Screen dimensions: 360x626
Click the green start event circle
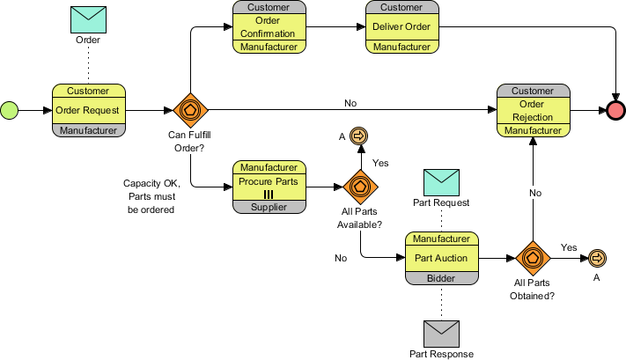click(9, 110)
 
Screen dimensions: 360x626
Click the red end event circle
click(615, 110)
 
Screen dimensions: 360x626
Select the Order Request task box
click(89, 111)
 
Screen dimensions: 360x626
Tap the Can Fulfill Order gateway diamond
click(190, 110)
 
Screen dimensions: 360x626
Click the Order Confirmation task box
click(269, 27)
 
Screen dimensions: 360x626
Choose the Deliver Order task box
click(401, 27)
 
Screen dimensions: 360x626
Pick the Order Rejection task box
click(533, 111)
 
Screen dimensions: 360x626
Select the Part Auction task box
click(441, 258)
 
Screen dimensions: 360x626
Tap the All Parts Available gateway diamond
click(359, 187)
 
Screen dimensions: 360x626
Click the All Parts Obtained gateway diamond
click(533, 257)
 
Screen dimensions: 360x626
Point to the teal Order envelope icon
click(88, 18)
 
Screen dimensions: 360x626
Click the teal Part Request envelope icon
click(441, 182)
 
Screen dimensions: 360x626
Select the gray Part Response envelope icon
click(441, 332)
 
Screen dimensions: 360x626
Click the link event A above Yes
click(359, 136)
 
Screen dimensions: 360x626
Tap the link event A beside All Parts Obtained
click(596, 257)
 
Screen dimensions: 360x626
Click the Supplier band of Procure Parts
click(269, 206)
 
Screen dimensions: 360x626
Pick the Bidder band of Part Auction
click(441, 277)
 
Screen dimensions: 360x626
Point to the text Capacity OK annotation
click(151, 196)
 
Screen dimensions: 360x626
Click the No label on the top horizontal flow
click(350, 103)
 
